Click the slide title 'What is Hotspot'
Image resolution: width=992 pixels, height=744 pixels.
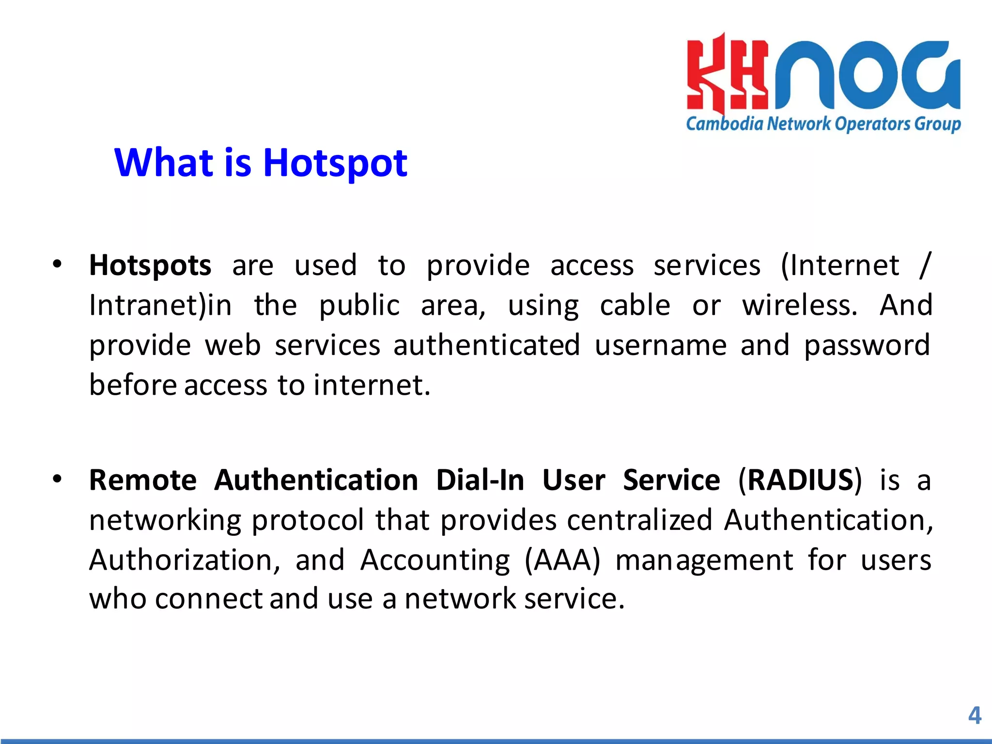261,163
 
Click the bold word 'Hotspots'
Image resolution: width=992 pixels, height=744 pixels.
150,266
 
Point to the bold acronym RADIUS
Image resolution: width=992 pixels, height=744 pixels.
800,480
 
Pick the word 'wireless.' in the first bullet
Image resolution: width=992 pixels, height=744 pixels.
800,306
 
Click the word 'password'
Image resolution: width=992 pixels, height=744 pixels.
867,346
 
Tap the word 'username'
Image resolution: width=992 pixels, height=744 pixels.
661,345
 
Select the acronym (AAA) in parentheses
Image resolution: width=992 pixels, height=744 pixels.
562,560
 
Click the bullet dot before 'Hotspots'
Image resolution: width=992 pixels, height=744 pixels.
58,264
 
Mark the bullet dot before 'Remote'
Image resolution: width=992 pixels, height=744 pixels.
58,479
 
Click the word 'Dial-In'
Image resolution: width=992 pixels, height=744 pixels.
480,480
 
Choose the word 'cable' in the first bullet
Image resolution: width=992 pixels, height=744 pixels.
635,306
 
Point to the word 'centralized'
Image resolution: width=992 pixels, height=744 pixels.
639,520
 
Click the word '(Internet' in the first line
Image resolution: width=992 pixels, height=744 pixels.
840,266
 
